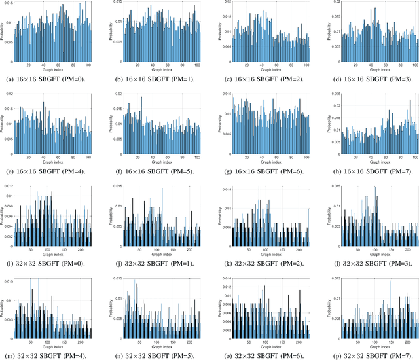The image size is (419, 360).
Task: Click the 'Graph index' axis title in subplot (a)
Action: tap(52, 71)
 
